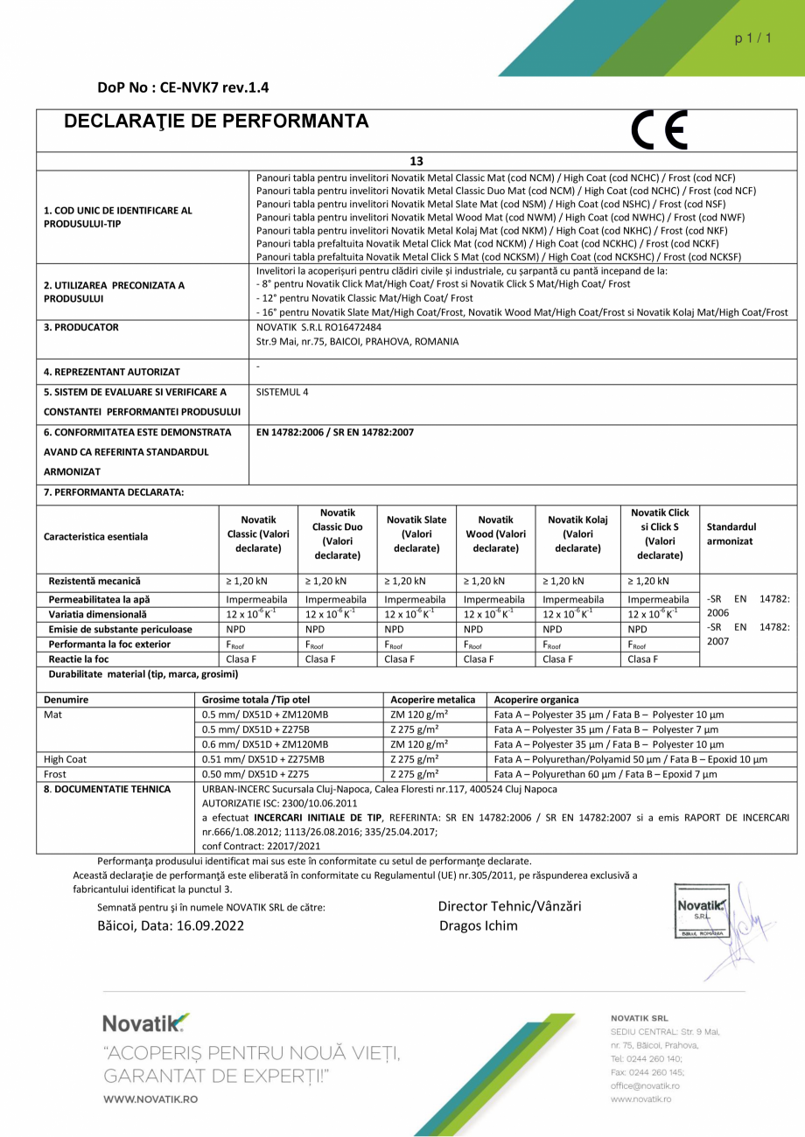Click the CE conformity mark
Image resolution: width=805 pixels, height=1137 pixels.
658,130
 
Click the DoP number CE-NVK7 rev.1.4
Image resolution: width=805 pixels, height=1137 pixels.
184,87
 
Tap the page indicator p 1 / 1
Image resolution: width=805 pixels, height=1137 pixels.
753,38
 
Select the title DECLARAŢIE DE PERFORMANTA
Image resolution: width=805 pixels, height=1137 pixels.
216,122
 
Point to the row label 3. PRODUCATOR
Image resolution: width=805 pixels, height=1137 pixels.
80,327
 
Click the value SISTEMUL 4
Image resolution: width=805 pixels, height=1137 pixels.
283,392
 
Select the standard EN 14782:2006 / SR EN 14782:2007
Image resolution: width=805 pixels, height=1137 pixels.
335,432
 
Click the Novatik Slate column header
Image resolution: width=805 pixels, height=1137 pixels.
416,533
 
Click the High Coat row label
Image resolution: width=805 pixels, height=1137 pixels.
66,759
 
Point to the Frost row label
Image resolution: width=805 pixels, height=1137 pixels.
56,774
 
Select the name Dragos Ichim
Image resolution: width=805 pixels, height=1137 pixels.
478,925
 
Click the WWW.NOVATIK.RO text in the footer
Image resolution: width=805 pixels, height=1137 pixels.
150,1099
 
